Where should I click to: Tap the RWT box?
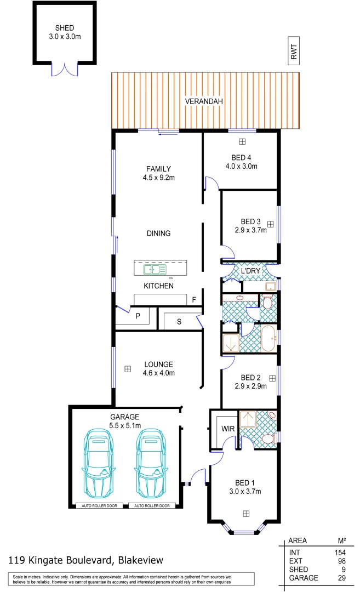tap(294, 52)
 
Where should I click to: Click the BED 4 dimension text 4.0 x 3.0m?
tap(241, 166)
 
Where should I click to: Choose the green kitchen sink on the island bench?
tap(155, 269)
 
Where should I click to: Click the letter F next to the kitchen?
tap(194, 300)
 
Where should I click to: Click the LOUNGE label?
tap(158, 364)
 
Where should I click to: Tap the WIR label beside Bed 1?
tap(228, 428)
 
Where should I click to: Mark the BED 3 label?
tap(252, 221)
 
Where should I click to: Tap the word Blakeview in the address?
tap(140, 560)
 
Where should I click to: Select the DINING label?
tap(158, 233)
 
